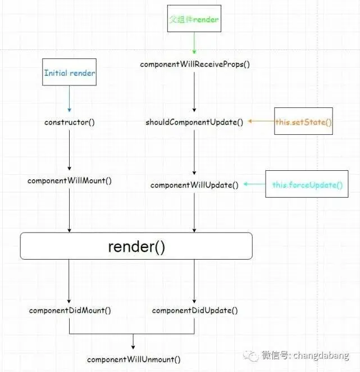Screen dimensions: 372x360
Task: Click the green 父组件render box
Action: tap(194, 20)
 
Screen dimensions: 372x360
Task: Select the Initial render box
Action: tap(69, 73)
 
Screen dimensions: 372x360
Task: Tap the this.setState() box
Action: tap(303, 121)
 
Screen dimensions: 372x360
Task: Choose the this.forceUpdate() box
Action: tap(307, 184)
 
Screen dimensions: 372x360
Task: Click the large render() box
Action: tap(136, 246)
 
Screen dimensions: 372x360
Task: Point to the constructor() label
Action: tap(69, 121)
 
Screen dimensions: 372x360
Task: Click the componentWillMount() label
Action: tap(69, 181)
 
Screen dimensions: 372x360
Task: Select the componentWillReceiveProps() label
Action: tap(194, 64)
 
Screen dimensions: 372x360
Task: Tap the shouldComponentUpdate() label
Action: tap(194, 121)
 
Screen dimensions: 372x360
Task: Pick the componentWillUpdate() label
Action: tap(194, 184)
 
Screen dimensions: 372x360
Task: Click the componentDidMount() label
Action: tap(70, 310)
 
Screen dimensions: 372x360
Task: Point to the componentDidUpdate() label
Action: tap(194, 310)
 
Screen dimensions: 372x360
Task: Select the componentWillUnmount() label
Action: tap(134, 359)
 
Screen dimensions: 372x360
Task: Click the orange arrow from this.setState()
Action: tap(261, 121)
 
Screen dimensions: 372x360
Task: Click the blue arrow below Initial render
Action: tap(69, 98)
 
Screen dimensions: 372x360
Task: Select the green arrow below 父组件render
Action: tap(194, 43)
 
